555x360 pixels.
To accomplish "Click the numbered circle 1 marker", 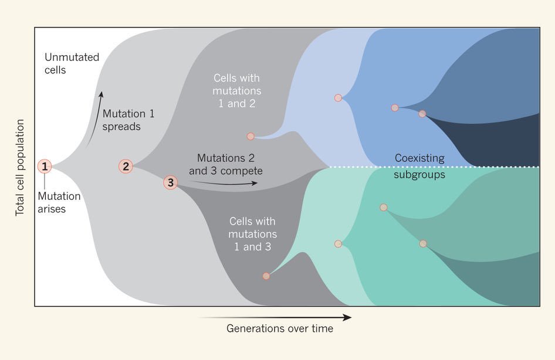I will [x=45, y=167].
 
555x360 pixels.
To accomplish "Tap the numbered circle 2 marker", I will [x=126, y=167].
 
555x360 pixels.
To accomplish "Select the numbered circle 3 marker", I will [x=170, y=182].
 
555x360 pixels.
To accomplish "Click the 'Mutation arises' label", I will [x=59, y=202].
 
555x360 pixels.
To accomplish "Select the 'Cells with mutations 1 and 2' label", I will [x=237, y=91].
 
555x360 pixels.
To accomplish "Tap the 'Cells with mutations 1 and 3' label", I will [x=253, y=234].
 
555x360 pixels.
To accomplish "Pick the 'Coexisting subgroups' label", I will [x=419, y=166].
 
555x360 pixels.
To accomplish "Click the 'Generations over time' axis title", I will [x=280, y=329].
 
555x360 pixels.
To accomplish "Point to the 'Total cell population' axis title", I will [x=20, y=168].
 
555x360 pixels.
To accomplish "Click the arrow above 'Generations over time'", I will [x=276, y=317].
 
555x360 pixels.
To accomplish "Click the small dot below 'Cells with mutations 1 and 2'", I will [x=251, y=136].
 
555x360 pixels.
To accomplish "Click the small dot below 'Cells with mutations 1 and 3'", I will [x=266, y=276].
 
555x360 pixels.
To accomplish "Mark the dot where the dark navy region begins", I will [x=422, y=114].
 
